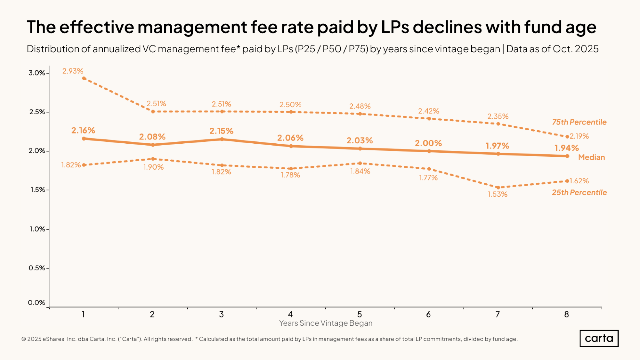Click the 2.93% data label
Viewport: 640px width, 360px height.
(73, 71)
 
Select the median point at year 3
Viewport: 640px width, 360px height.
(222, 139)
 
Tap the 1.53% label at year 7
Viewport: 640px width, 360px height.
(498, 194)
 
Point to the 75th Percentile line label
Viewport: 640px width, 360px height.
(579, 122)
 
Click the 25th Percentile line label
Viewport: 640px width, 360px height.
(579, 193)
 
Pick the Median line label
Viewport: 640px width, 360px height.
(591, 157)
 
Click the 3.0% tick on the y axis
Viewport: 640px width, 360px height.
(37, 73)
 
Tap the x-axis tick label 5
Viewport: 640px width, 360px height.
(360, 315)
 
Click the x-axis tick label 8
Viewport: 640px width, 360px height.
(566, 315)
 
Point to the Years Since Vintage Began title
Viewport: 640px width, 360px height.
(326, 323)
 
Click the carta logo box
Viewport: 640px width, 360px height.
(599, 339)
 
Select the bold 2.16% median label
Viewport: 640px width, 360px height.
(83, 131)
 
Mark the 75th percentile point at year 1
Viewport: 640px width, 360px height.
(84, 78)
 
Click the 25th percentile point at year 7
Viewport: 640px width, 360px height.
(498, 188)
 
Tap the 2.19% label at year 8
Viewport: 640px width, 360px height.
(579, 136)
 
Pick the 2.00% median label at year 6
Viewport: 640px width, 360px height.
(428, 143)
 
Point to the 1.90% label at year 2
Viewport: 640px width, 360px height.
(153, 167)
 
